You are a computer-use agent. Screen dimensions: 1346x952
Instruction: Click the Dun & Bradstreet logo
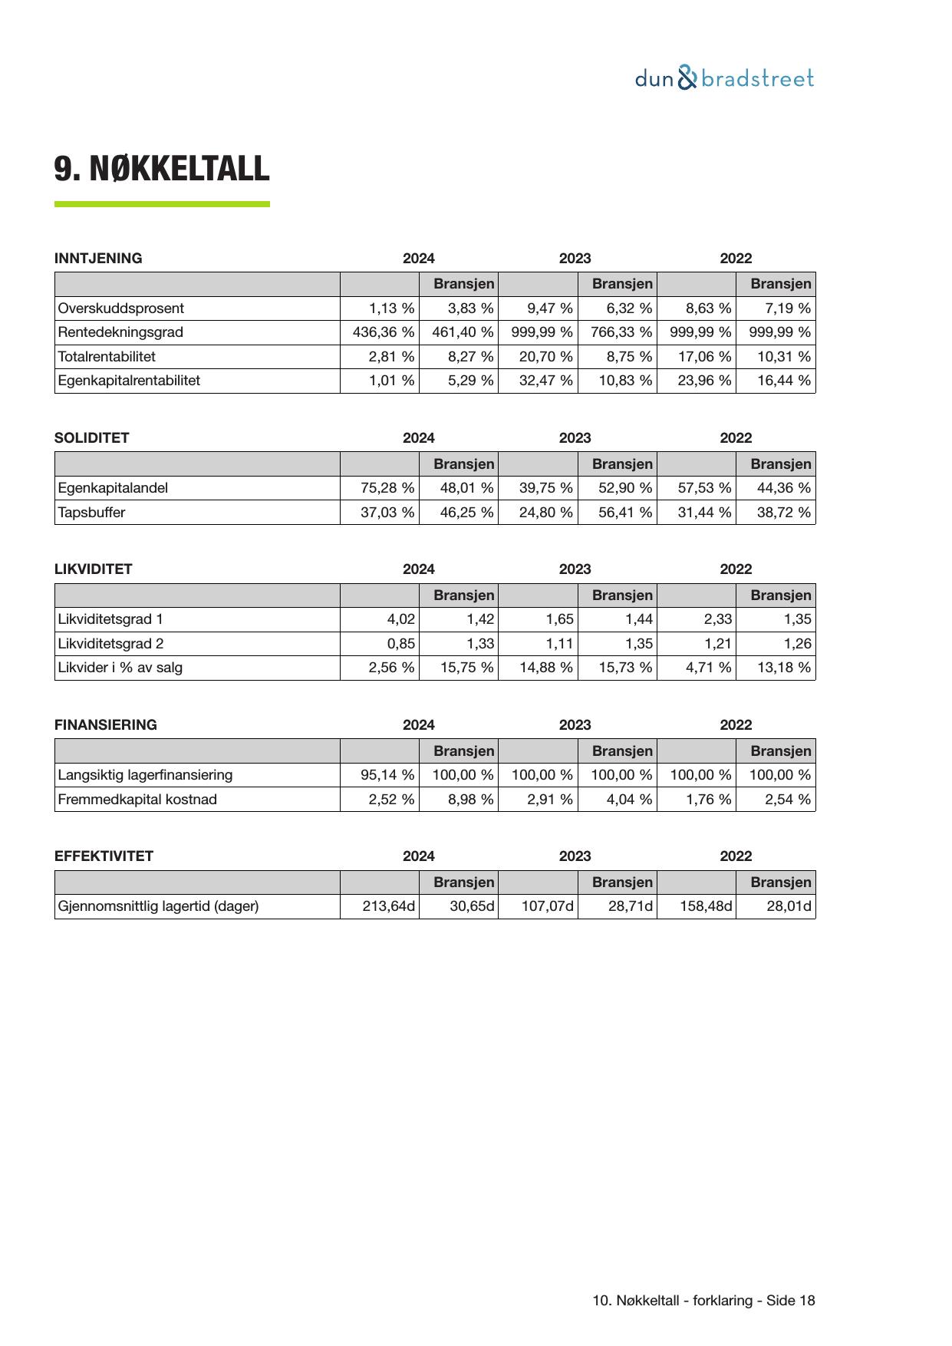coord(724,78)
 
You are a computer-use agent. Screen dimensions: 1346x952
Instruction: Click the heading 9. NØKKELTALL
coord(162,169)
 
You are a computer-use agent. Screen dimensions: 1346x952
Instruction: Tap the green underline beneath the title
coord(162,204)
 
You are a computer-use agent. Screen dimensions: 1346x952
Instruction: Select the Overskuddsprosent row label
coord(121,308)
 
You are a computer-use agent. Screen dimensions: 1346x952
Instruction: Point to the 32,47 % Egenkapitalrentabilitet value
coord(545,381)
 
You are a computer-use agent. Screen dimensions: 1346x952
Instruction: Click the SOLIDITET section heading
coord(92,438)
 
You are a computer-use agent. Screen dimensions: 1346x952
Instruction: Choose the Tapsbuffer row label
coord(91,513)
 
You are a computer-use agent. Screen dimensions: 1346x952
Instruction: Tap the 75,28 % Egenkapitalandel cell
coord(387,488)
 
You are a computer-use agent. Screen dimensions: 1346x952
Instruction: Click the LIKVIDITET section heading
coord(94,569)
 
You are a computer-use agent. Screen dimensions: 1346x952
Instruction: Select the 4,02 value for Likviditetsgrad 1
coord(400,619)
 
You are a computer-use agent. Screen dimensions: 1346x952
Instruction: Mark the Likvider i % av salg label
coord(120,668)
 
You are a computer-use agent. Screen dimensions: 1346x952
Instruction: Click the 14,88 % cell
coord(545,668)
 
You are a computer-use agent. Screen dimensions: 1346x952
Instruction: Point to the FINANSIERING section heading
coord(106,725)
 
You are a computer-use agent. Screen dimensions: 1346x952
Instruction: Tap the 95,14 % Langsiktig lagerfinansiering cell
coord(387,775)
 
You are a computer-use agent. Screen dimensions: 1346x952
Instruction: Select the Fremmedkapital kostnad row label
coord(137,800)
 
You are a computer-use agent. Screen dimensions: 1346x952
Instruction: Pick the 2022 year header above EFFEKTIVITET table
coord(736,856)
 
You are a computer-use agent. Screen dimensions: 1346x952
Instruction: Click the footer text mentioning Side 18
coord(703,1301)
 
